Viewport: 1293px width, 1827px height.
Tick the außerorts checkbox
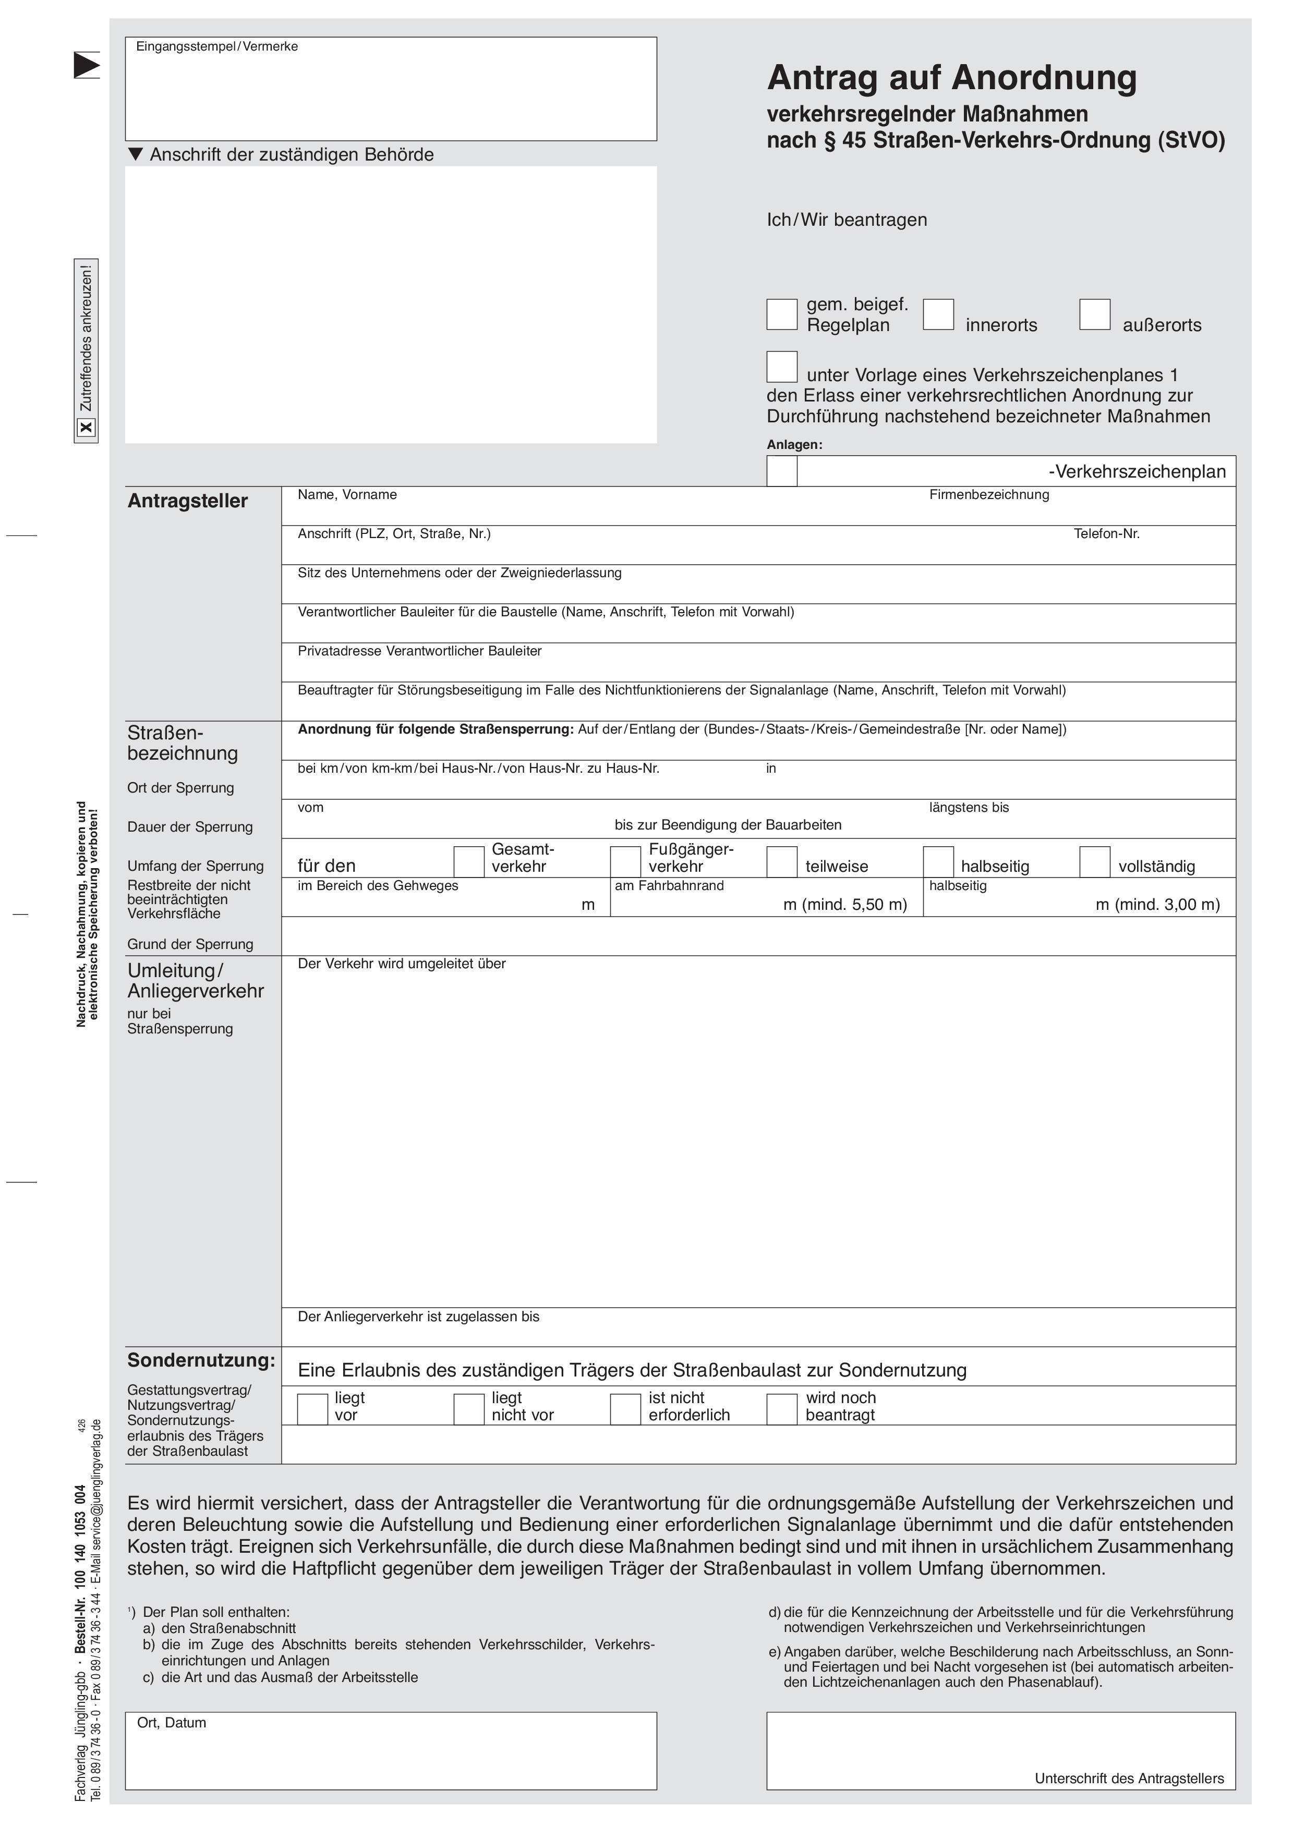point(1095,314)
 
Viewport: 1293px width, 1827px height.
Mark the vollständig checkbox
point(1095,862)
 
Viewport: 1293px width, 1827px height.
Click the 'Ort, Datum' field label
point(171,1723)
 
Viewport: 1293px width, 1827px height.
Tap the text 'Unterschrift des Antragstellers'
point(1129,1779)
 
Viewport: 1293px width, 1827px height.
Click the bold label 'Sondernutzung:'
point(201,1361)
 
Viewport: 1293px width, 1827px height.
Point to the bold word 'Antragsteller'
point(188,501)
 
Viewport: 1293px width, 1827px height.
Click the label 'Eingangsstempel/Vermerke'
point(216,47)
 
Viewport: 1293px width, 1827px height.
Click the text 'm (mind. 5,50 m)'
point(845,905)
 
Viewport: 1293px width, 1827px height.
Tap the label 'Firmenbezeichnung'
point(989,495)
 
